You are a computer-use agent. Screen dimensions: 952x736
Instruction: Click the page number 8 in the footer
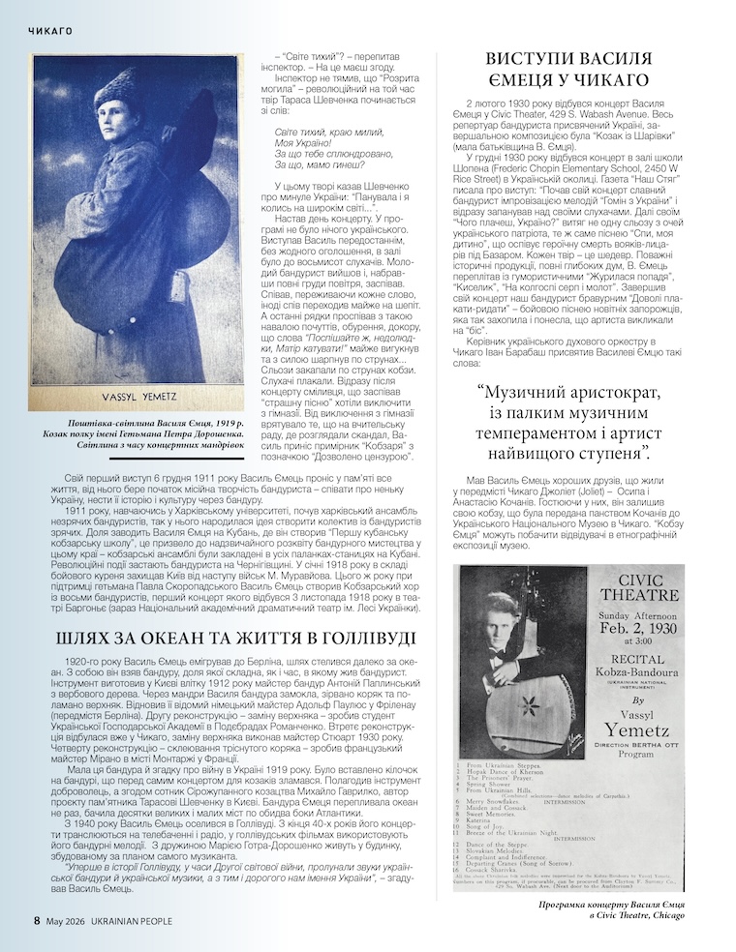pyautogui.click(x=37, y=920)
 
